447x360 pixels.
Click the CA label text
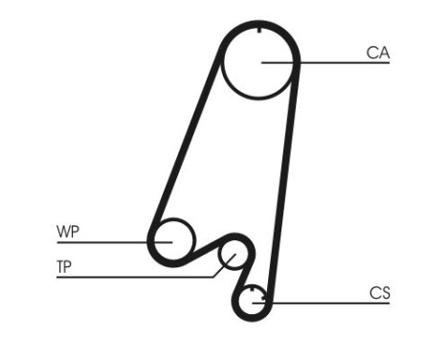tap(378, 53)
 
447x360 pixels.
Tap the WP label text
tap(69, 232)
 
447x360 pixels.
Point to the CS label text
tap(380, 293)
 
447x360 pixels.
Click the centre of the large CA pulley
tap(260, 63)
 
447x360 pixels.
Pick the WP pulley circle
tap(173, 239)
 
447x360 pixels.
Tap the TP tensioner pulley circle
tap(233, 256)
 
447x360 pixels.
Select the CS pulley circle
tap(253, 302)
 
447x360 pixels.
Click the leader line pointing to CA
tap(325, 63)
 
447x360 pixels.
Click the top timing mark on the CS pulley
tap(253, 289)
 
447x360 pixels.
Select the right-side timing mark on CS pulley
tap(264, 303)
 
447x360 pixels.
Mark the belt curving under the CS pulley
tap(251, 321)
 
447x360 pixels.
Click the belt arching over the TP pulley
tap(235, 236)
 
